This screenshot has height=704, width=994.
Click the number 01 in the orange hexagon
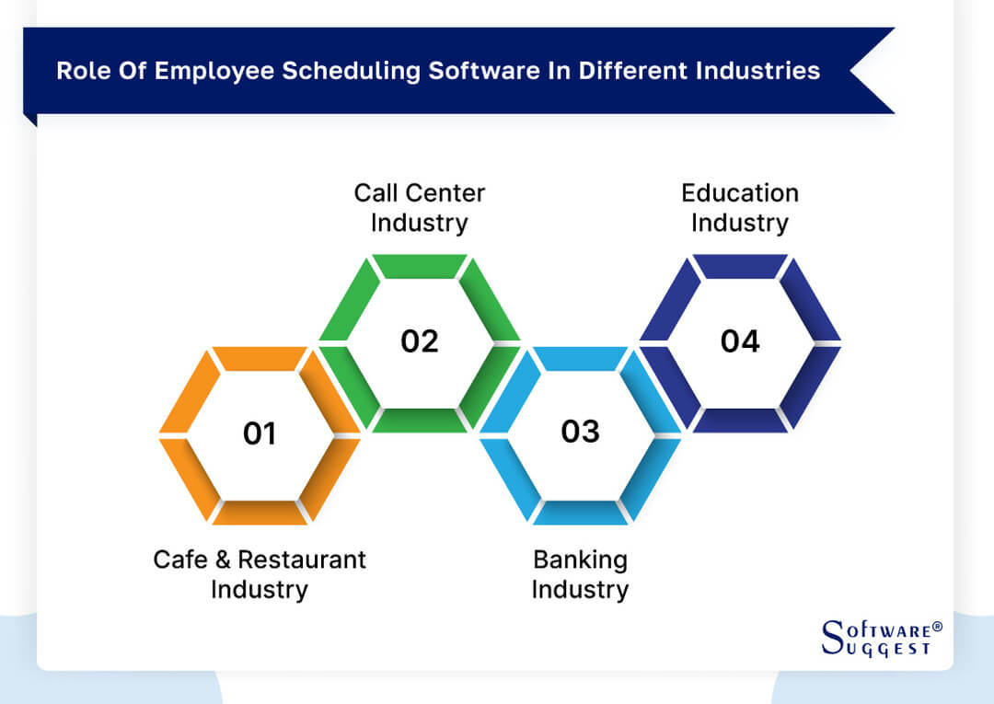(x=260, y=433)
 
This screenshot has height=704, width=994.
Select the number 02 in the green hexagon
(x=420, y=341)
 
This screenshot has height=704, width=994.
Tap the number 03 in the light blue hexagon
(x=580, y=432)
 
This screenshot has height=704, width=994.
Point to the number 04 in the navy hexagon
(x=740, y=341)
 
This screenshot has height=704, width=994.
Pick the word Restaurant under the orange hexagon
(x=302, y=560)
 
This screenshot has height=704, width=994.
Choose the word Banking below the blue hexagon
(x=580, y=560)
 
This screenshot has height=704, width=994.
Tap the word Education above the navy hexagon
(x=740, y=193)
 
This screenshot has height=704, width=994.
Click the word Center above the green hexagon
(x=445, y=193)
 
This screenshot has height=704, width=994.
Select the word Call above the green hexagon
(x=376, y=193)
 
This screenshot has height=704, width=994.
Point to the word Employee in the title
(x=214, y=72)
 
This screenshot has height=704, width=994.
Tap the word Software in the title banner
(x=478, y=72)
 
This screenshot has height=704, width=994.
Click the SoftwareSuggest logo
(x=879, y=638)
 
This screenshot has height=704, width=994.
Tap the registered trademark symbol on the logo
(x=937, y=627)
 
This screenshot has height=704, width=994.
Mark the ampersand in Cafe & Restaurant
(x=224, y=560)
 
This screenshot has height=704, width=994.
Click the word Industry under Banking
(x=580, y=589)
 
